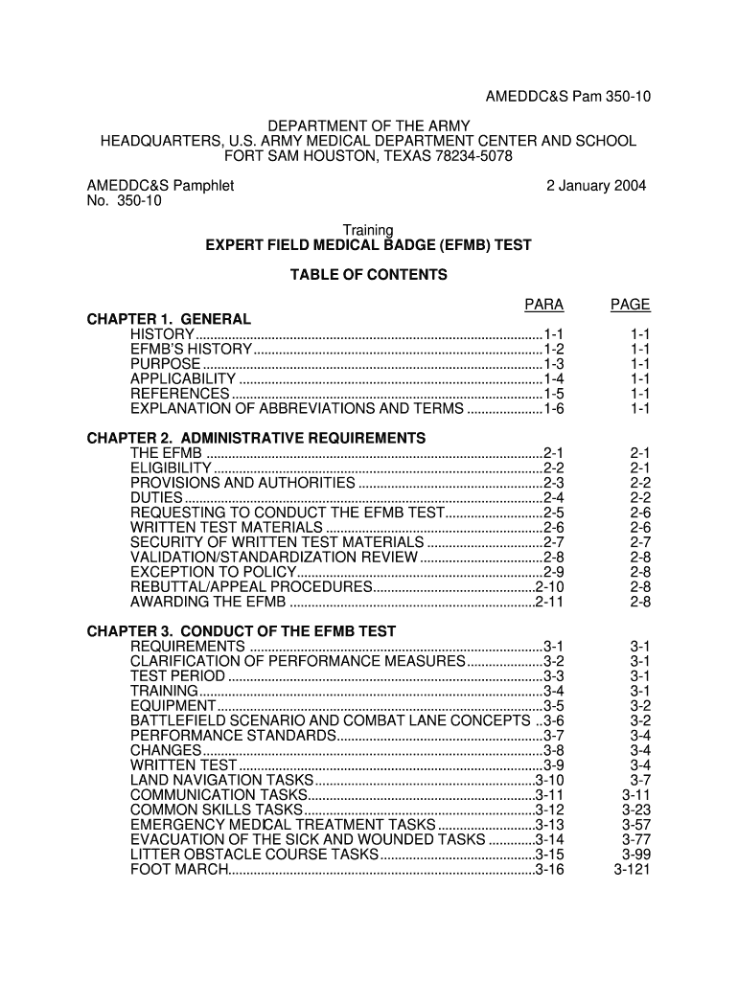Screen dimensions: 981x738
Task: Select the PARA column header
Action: point(543,305)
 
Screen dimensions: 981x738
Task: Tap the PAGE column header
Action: point(631,305)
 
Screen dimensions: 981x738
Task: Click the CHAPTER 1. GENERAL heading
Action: point(169,319)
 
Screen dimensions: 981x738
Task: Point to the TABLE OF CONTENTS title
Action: point(368,275)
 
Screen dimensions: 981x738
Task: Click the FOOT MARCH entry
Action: point(179,869)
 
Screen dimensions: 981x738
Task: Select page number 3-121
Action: point(633,869)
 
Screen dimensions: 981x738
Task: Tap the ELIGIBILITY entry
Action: point(171,468)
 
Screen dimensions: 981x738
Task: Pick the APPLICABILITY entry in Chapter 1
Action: point(182,378)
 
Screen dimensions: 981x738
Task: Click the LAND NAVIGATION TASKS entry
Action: point(221,780)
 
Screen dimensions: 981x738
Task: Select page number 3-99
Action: point(636,855)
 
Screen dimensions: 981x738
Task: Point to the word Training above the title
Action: point(369,230)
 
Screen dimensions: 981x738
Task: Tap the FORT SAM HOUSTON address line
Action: point(369,155)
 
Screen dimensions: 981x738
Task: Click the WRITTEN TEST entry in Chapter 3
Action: point(183,765)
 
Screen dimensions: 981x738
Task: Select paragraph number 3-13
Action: point(550,825)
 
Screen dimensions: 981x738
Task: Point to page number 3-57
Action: point(636,825)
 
